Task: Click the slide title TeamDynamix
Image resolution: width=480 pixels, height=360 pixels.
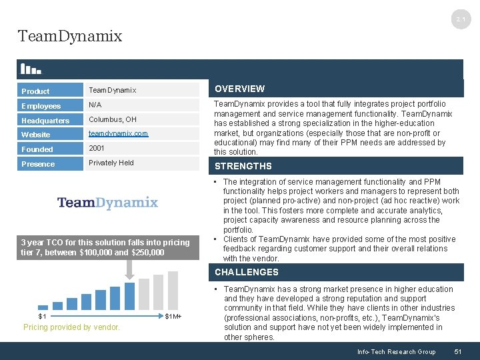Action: [70, 36]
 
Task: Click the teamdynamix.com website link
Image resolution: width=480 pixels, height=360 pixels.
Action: [119, 134]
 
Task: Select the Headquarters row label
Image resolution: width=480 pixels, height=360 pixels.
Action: [45, 121]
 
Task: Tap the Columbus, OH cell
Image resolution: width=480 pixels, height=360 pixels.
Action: [113, 119]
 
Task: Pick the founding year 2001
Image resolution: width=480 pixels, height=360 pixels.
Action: [97, 149]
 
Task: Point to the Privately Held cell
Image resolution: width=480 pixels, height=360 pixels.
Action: [111, 163]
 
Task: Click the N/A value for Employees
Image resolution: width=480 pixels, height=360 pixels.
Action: [96, 105]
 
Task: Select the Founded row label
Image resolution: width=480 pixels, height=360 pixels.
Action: [37, 149]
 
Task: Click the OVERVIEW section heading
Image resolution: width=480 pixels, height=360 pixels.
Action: [239, 89]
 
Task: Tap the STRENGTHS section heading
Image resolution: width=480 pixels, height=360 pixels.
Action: [243, 166]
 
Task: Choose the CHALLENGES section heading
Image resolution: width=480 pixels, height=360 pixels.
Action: [247, 272]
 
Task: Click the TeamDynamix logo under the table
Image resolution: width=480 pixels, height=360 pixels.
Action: [107, 203]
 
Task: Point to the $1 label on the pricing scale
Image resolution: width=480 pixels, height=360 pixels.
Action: [42, 316]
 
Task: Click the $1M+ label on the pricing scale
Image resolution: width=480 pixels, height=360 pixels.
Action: [173, 316]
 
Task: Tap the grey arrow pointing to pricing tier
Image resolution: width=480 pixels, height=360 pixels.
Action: [129, 267]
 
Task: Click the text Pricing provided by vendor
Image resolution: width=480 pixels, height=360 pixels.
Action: [71, 327]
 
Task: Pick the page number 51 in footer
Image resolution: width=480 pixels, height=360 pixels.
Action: [457, 351]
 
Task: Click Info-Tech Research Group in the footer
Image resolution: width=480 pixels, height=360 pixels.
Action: [396, 351]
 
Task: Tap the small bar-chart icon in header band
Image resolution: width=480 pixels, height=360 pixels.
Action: [31, 68]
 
